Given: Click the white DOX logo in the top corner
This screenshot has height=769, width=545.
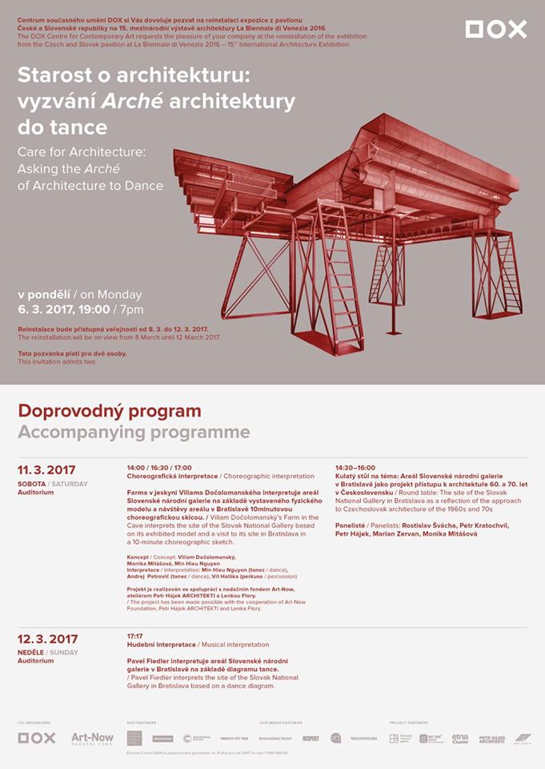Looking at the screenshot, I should pos(496,30).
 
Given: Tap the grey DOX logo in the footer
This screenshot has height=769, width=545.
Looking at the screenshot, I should pos(37,738).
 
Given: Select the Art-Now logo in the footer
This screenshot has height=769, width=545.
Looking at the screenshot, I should pos(92,738).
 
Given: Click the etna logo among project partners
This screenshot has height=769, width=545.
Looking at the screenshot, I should pos(460,738).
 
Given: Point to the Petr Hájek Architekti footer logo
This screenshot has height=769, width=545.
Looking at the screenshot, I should pos(491,739).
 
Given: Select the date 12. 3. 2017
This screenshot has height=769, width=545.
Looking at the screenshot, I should pos(48,638).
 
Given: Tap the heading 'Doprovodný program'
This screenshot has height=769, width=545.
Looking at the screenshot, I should pos(110,412).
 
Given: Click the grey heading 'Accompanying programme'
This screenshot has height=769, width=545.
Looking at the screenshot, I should pos(134,433).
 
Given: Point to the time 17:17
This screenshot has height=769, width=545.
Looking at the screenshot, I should pos(134,636).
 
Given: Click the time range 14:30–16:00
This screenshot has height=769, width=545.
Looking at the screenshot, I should pos(355,467).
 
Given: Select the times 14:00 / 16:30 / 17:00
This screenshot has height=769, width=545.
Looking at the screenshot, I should pos(159,467).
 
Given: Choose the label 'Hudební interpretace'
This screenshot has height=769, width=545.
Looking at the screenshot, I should pos(161,645).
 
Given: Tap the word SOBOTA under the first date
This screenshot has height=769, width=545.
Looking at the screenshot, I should pos(31,484).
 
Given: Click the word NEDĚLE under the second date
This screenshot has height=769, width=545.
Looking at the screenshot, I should pos(31,653).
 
